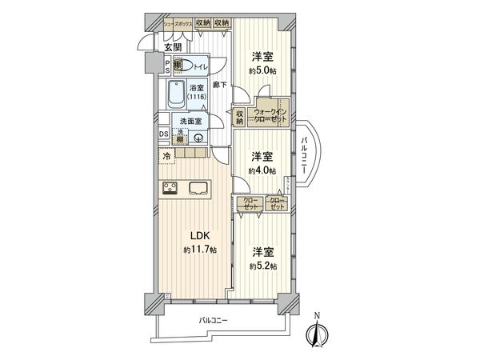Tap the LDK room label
pyautogui.click(x=198, y=235)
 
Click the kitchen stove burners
pyautogui.click(x=171, y=189)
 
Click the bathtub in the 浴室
pyautogui.click(x=176, y=95)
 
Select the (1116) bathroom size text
pyautogui.click(x=197, y=98)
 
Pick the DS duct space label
pyautogui.click(x=163, y=134)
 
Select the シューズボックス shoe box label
pyautogui.click(x=177, y=24)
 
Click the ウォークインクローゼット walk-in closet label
pyautogui.click(x=266, y=114)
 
